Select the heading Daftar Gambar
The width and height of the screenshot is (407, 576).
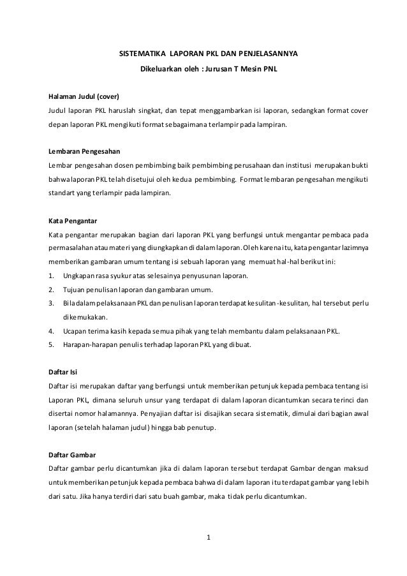(x=72, y=455)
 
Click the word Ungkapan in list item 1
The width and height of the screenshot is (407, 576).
(x=78, y=276)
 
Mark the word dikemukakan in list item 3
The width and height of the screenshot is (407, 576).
(x=85, y=317)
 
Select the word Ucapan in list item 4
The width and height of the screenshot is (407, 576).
(x=74, y=331)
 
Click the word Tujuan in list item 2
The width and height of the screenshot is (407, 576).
(x=74, y=290)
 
